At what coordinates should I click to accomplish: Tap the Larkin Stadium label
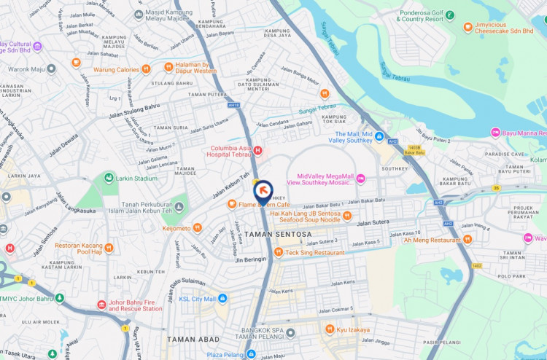136,178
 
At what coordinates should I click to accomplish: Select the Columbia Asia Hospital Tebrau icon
257,150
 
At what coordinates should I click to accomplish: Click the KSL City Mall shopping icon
223,298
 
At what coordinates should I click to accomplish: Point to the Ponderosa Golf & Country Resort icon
449,14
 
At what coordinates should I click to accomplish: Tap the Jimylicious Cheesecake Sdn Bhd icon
468,27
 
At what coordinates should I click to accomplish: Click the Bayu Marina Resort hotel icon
495,132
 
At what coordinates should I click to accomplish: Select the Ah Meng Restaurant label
437,240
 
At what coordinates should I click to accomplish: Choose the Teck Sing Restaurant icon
278,252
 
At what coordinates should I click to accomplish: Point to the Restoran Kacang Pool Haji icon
108,247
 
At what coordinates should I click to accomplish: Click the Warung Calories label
116,69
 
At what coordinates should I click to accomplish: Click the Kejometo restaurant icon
197,228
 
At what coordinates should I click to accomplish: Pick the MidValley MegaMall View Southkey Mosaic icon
360,179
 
